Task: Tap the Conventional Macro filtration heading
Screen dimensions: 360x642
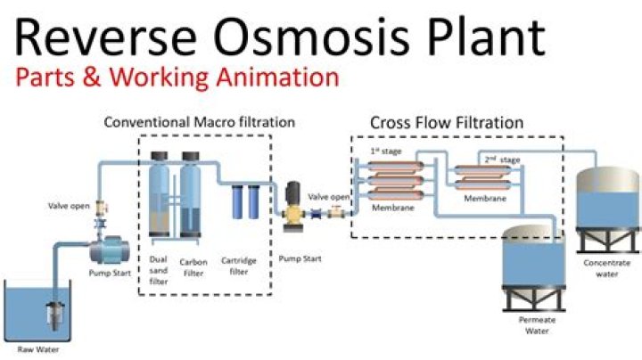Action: click(x=199, y=121)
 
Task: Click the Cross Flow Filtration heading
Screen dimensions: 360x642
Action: click(x=446, y=121)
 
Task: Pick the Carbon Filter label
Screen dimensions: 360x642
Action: click(x=193, y=268)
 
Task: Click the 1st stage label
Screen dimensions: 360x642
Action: click(x=381, y=151)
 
